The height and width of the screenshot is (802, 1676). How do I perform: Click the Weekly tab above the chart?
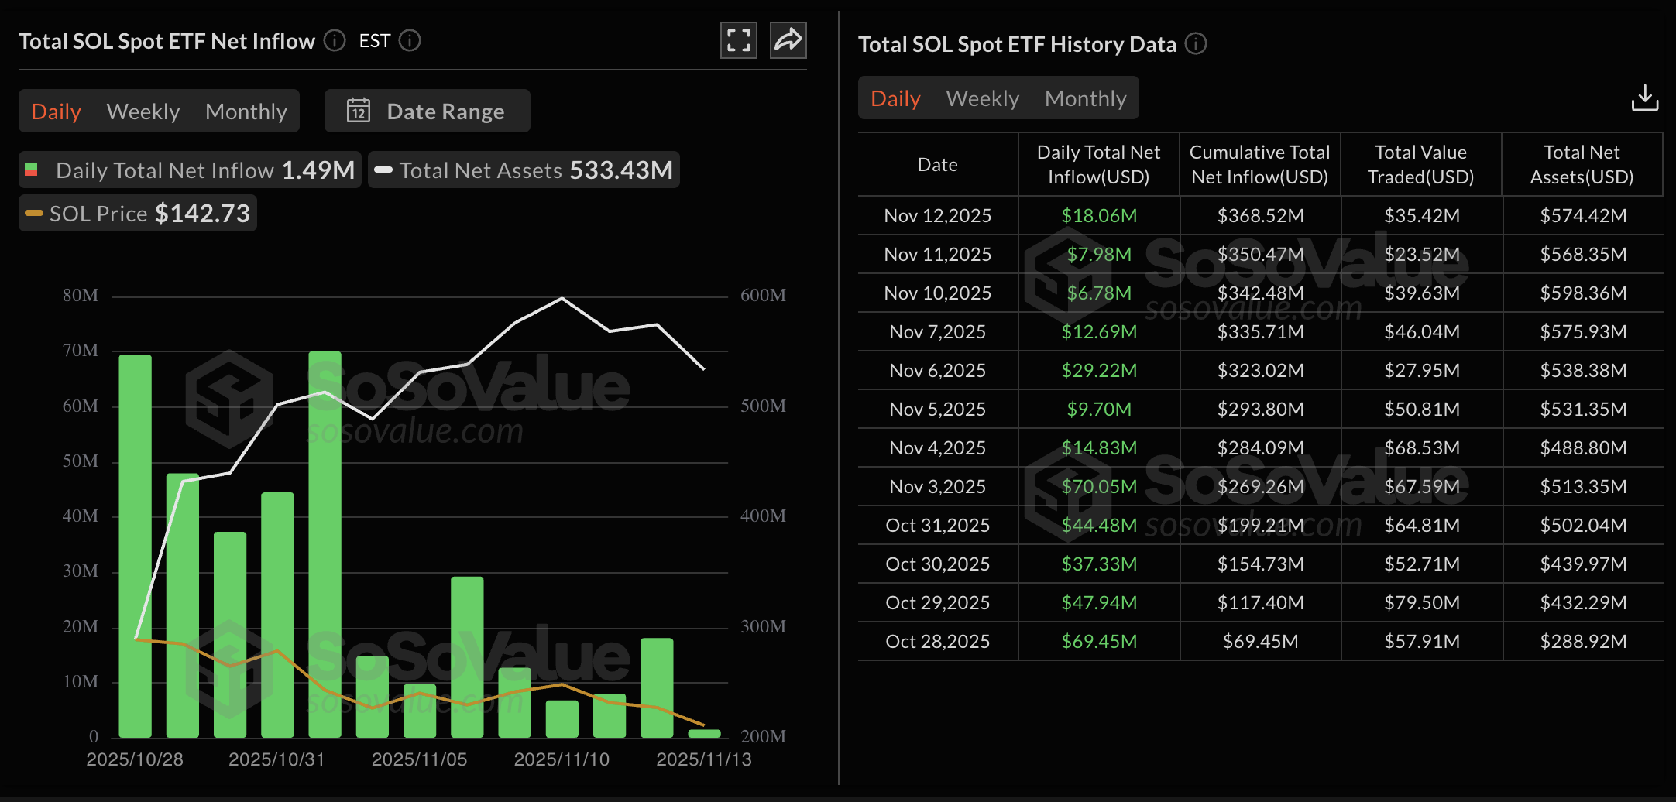click(x=143, y=111)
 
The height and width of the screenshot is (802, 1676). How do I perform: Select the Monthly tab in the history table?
click(x=1085, y=98)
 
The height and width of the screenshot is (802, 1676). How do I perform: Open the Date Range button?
click(x=428, y=111)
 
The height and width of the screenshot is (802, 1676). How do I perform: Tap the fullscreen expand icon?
click(x=738, y=40)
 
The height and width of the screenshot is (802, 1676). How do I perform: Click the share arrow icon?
click(x=788, y=40)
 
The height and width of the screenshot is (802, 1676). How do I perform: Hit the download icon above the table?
click(x=1644, y=98)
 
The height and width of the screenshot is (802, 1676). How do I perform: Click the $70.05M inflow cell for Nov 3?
click(x=1098, y=486)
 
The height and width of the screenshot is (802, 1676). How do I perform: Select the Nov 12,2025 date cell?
click(x=937, y=215)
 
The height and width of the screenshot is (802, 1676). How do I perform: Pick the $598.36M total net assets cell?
click(x=1582, y=293)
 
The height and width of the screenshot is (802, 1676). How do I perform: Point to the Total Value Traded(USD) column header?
click(x=1420, y=164)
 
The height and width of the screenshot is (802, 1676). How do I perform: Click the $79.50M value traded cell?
click(x=1421, y=602)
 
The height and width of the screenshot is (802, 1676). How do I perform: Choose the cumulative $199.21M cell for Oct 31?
click(x=1260, y=525)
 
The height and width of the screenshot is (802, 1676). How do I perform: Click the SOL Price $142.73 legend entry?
click(x=138, y=214)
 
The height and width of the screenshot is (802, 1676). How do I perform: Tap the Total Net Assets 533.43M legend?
click(x=524, y=170)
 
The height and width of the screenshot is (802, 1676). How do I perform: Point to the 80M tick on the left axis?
click(x=81, y=296)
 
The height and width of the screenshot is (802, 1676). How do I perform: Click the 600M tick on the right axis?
click(x=763, y=296)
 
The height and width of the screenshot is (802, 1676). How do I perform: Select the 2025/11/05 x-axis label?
click(x=419, y=759)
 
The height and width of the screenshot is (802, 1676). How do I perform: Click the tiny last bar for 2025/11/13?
click(x=704, y=733)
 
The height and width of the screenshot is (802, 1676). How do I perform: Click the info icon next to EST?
click(x=410, y=40)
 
